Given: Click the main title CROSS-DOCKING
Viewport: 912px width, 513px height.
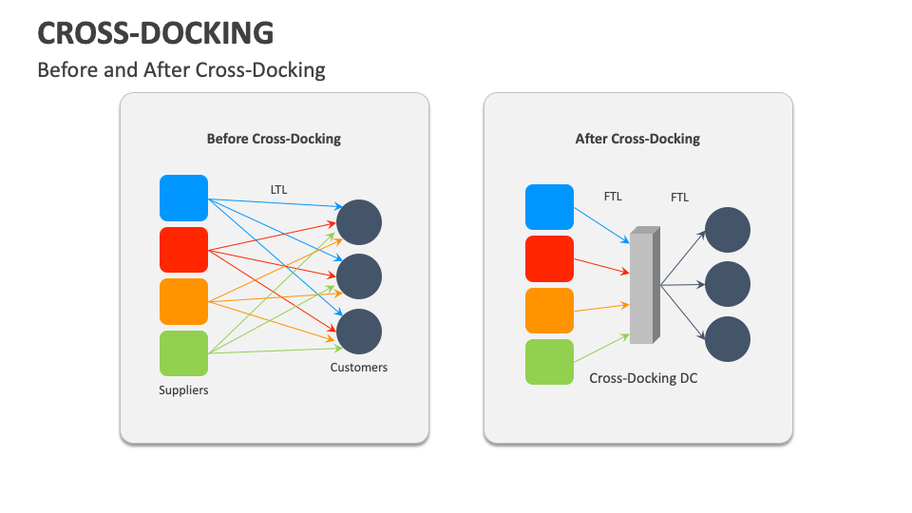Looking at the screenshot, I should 156,33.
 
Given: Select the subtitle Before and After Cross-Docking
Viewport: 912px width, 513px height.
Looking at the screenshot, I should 180,70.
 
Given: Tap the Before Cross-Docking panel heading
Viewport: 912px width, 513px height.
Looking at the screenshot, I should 274,139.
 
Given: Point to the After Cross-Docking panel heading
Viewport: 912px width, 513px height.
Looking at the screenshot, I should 637,139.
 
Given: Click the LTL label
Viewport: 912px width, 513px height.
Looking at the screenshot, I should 277,190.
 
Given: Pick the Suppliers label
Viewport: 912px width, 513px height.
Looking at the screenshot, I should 183,389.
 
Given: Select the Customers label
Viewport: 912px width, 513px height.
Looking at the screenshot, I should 358,367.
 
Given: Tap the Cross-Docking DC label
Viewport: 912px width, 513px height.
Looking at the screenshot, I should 643,378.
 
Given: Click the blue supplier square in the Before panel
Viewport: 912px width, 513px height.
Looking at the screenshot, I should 183,199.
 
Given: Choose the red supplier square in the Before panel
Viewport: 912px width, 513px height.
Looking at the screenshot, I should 183,250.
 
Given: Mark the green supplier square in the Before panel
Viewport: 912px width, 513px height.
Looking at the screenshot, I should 183,353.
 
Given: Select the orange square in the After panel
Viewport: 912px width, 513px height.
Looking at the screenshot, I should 549,311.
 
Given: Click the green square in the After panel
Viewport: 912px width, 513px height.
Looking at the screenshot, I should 549,362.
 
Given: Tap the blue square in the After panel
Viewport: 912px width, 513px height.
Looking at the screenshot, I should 549,207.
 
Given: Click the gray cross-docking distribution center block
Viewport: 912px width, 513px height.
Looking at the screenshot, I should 643,285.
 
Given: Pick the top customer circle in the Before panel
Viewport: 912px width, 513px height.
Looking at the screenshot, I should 358,222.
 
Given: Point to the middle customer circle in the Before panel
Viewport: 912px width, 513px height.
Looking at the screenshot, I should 358,276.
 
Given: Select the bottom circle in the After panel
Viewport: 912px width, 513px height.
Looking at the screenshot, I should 728,339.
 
